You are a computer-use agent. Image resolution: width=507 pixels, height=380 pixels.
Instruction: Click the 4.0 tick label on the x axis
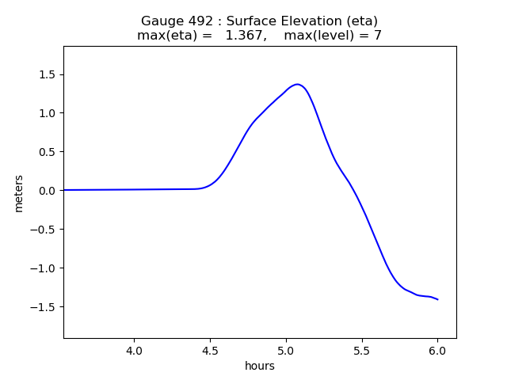point(134,350)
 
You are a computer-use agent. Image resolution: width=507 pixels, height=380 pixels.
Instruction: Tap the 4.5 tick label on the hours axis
point(210,350)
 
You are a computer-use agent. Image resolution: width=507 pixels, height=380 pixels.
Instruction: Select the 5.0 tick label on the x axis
point(285,350)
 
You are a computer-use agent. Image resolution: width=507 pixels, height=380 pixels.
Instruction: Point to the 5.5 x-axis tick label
point(361,350)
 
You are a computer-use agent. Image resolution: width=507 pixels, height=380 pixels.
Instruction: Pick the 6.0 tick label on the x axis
point(437,350)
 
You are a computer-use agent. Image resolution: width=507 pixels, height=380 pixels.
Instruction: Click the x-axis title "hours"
point(260,366)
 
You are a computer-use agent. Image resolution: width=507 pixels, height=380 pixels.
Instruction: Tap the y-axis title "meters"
point(18,193)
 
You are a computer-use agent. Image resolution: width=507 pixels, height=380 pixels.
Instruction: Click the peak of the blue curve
point(297,84)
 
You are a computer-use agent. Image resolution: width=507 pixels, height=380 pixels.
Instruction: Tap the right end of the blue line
point(437,299)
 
